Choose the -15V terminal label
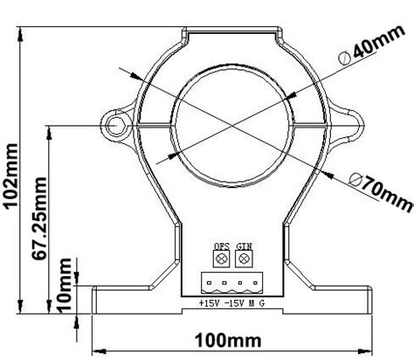click(x=231, y=303)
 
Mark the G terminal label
click(x=262, y=303)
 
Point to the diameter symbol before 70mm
click(x=354, y=179)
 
